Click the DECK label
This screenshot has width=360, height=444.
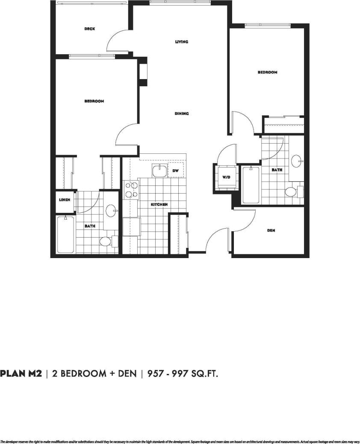tap(89, 29)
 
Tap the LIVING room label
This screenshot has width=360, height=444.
tap(182, 42)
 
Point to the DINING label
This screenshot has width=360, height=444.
tap(182, 114)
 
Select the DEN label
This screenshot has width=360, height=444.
tap(271, 230)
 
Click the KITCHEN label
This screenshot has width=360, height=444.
tap(159, 205)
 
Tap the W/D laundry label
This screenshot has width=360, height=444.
tap(225, 176)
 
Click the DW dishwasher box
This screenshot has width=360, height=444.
tap(175, 171)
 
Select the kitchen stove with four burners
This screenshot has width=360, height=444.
tap(131, 190)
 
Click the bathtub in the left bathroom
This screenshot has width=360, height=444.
tap(65, 235)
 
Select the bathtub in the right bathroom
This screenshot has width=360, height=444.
tap(251, 185)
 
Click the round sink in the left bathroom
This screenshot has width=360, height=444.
tap(112, 210)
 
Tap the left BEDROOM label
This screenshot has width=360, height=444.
tap(94, 101)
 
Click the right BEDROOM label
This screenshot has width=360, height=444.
tap(267, 73)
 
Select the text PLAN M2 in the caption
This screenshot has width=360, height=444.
tap(21, 373)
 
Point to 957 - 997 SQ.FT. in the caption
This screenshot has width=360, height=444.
tap(183, 374)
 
